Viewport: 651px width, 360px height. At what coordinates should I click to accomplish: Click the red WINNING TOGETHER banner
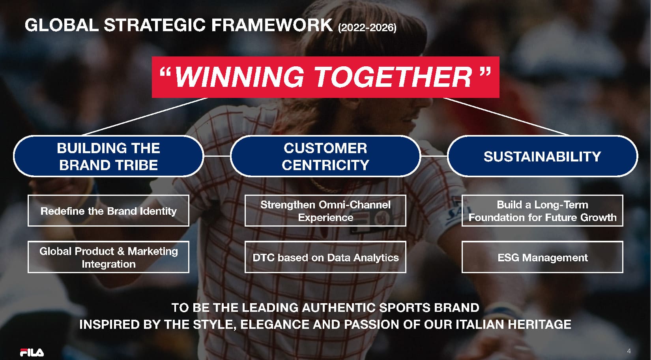[325, 77]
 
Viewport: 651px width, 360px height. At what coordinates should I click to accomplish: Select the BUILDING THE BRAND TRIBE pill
[108, 156]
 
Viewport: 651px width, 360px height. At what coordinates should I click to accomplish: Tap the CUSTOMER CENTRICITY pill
[325, 156]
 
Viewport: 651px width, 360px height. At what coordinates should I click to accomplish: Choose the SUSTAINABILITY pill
[542, 156]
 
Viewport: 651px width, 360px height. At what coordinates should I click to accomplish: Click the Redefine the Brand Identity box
[108, 210]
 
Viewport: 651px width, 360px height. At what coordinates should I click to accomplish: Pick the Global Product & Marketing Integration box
[108, 257]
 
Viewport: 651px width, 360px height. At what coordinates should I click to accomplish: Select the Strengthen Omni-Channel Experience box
[325, 210]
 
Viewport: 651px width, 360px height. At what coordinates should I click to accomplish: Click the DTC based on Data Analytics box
[325, 257]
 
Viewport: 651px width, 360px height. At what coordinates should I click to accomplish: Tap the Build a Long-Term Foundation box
[542, 210]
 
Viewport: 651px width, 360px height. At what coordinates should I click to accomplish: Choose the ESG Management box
[542, 257]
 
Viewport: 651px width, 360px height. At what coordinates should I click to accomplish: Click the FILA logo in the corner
[32, 352]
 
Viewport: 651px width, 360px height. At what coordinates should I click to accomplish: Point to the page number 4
[629, 351]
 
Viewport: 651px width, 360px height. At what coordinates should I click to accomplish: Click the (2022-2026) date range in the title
[367, 28]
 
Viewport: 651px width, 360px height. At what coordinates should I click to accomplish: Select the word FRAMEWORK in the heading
[272, 25]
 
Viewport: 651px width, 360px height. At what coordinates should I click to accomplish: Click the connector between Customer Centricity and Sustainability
[434, 156]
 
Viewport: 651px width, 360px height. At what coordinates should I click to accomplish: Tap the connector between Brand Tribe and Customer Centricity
[217, 156]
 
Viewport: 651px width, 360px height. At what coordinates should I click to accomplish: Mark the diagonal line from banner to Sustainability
[506, 116]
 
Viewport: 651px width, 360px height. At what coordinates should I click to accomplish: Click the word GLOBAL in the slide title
[62, 25]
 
